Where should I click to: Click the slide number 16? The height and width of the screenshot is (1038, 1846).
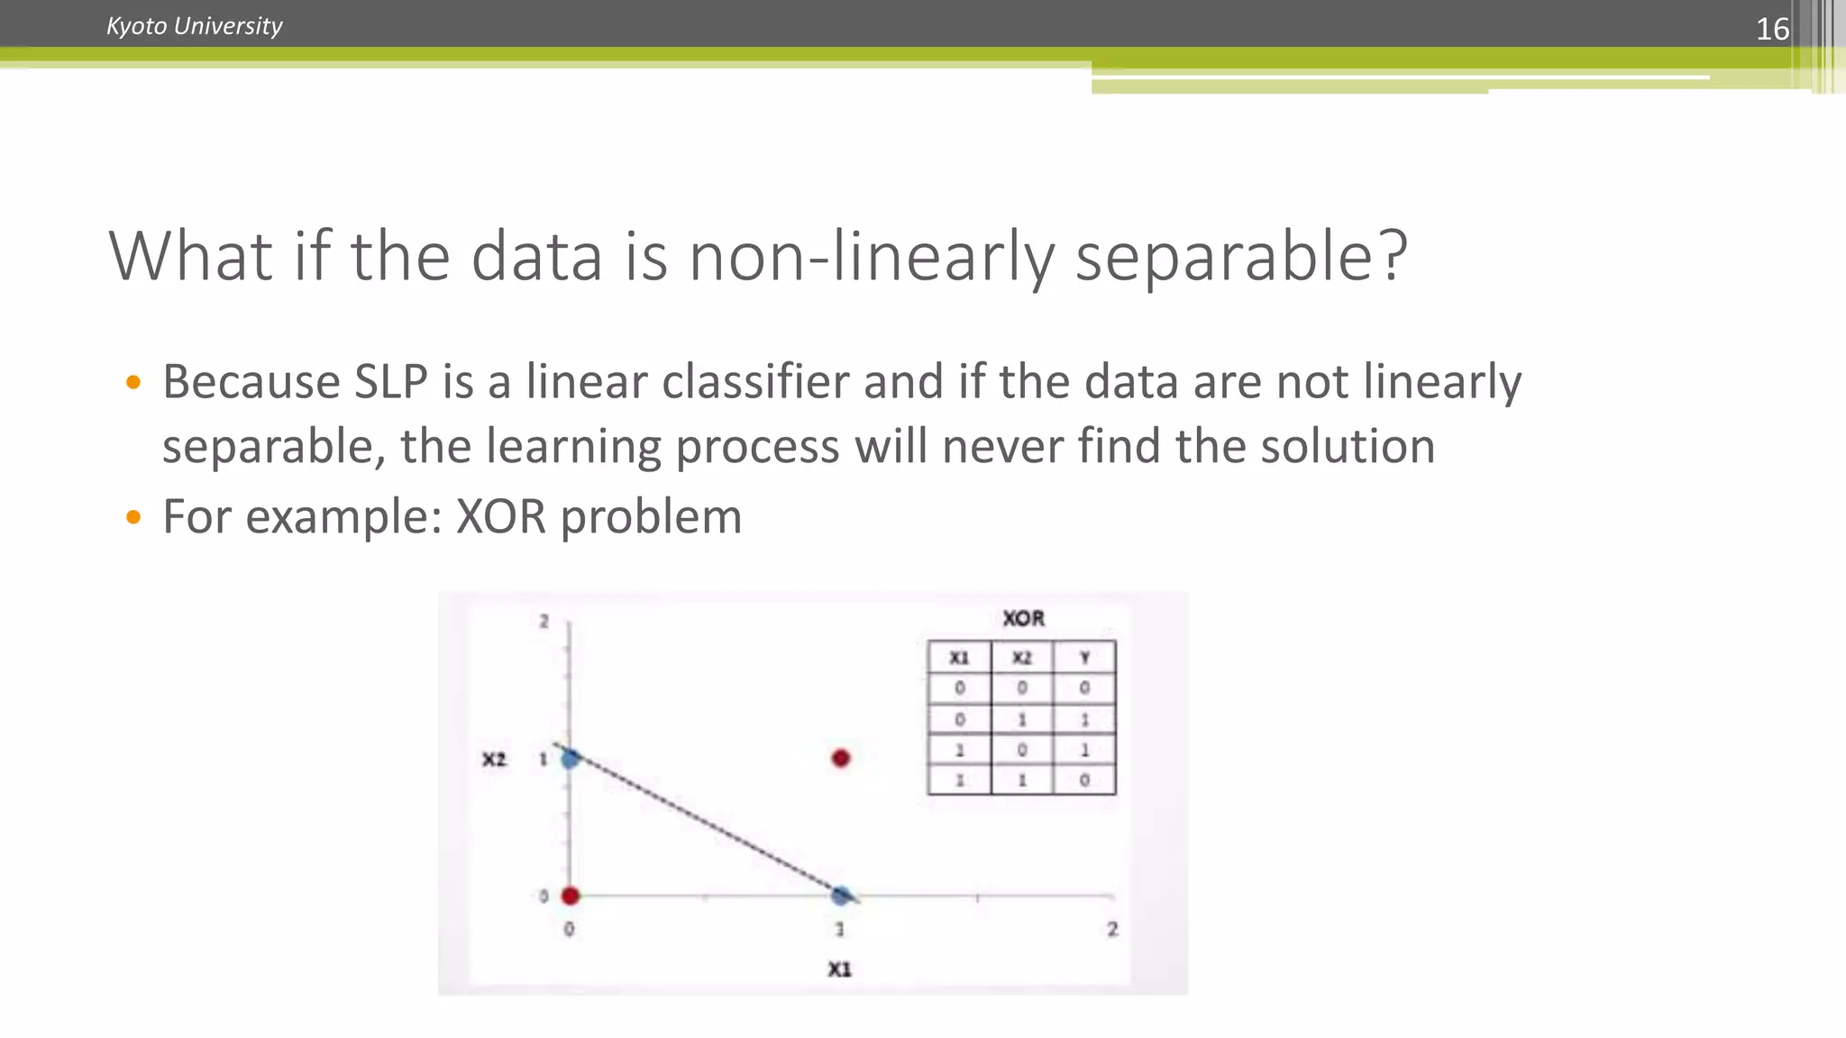point(1771,29)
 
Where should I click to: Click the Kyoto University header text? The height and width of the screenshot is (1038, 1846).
point(194,26)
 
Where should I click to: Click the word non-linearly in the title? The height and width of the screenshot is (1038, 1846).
point(871,257)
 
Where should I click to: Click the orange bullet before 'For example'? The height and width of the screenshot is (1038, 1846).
point(133,517)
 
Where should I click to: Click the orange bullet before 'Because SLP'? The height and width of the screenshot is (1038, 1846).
point(133,382)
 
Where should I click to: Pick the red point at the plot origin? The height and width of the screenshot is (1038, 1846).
point(570,896)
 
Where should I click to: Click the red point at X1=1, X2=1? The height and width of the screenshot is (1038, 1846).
point(841,759)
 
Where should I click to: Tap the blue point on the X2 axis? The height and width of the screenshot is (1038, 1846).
point(571,759)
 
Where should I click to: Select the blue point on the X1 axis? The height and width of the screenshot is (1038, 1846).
point(841,896)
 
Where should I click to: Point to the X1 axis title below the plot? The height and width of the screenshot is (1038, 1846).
point(839,970)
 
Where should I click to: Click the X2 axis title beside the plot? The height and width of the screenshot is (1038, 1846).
point(494,760)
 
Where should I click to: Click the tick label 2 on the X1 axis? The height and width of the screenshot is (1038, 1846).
point(1112,929)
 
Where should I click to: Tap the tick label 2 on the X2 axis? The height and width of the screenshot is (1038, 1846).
point(544,622)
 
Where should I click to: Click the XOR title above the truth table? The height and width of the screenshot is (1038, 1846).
point(1023,619)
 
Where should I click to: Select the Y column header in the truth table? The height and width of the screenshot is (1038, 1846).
point(1084,658)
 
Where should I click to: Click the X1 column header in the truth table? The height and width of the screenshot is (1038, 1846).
point(959,658)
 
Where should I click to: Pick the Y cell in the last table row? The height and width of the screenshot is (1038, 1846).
point(1084,780)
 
